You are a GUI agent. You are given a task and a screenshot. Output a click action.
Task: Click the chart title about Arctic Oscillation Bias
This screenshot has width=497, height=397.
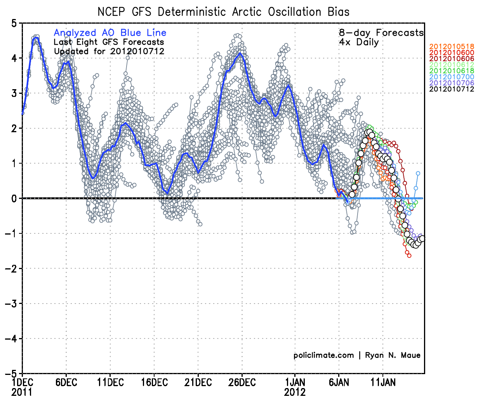(x=223, y=12)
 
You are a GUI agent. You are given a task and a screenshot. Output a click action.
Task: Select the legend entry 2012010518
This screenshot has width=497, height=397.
(x=452, y=47)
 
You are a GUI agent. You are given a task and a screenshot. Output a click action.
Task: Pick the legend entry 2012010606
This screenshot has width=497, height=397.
(x=452, y=59)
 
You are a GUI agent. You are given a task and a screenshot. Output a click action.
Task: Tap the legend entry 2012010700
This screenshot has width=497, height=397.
(x=452, y=77)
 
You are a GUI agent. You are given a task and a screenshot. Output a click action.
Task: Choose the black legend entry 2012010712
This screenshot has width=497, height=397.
(x=452, y=89)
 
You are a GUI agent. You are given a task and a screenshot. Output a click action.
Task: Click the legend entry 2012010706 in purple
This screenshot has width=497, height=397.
(x=452, y=83)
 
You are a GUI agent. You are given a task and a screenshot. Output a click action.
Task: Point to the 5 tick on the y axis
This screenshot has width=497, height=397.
(x=14, y=23)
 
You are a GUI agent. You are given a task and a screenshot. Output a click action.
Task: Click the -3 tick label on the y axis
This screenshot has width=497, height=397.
(x=11, y=304)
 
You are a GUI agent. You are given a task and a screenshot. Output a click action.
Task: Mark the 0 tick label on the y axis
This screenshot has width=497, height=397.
(x=14, y=198)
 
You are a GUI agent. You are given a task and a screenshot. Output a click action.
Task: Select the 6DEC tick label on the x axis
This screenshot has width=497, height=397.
(x=66, y=383)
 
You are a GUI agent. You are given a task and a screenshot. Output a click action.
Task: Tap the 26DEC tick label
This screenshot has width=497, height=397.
(x=242, y=383)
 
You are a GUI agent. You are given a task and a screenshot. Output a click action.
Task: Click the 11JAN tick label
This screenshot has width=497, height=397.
(x=383, y=383)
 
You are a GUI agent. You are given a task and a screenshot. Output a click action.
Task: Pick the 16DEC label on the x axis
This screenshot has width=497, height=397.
(x=154, y=383)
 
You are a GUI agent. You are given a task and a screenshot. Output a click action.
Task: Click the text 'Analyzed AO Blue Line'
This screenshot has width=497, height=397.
(x=110, y=33)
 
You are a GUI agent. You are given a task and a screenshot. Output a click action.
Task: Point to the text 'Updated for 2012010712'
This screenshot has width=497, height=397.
(x=109, y=51)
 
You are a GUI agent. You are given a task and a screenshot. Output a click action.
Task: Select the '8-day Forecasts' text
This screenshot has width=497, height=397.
(x=381, y=33)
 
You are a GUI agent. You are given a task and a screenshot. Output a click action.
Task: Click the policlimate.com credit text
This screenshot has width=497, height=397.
(x=323, y=355)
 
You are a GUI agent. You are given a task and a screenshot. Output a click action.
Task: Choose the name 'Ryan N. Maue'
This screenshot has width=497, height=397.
(x=393, y=355)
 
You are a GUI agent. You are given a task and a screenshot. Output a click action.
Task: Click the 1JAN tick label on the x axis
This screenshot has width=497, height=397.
(x=295, y=383)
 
